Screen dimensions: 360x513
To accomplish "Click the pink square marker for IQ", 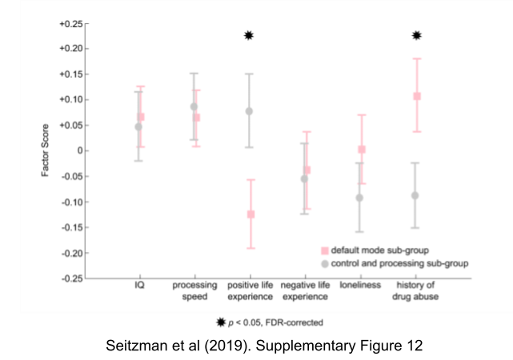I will [x=141, y=117].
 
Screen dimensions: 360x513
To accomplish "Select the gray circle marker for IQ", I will [x=138, y=126].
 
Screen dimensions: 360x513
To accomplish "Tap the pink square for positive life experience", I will [x=250, y=214].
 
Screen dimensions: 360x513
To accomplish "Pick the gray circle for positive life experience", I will [x=249, y=111].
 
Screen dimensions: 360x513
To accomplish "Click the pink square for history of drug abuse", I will [x=417, y=96].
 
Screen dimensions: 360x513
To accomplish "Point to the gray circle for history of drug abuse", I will [x=415, y=195].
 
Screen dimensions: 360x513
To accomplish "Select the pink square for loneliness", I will [x=362, y=150].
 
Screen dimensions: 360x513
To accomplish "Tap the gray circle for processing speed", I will [x=194, y=106].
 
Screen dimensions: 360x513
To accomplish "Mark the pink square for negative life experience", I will [x=307, y=170].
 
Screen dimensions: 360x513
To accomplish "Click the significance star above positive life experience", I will [x=249, y=35].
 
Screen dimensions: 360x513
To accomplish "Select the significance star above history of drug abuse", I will [x=416, y=35].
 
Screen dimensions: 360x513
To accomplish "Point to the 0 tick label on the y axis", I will [x=77, y=150].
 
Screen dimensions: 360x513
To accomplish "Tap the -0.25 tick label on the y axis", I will [x=70, y=278].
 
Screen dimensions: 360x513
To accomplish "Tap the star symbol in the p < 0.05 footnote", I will [x=221, y=322].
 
